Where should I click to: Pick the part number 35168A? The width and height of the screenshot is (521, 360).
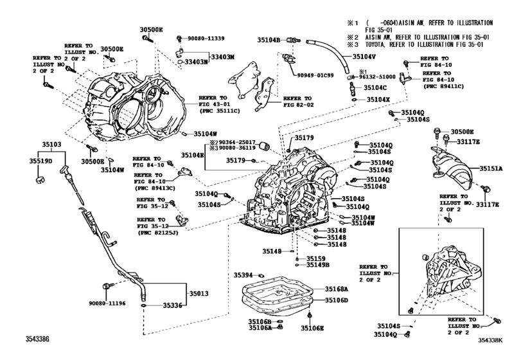point(336,289)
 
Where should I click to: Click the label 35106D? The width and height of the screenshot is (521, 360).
point(336,300)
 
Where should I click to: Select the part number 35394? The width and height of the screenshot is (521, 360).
point(242,274)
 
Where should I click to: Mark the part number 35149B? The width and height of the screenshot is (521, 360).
point(317,265)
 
